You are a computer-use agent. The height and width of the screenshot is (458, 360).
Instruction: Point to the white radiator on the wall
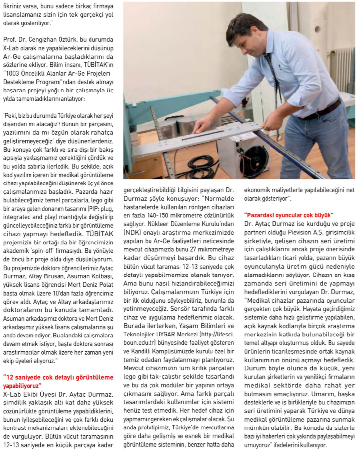[345, 68]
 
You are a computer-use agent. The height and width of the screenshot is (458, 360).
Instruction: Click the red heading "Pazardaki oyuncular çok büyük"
[289, 215]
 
